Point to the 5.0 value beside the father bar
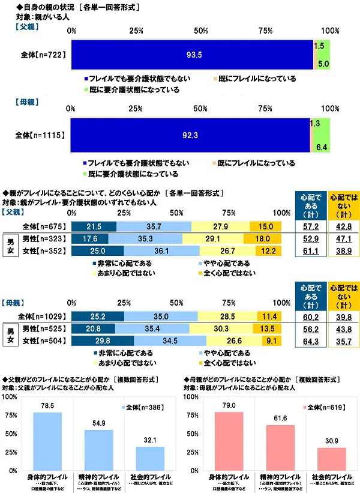pos(323,63)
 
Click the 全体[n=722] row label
pos(43,55)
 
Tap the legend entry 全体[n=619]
pos(320,407)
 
